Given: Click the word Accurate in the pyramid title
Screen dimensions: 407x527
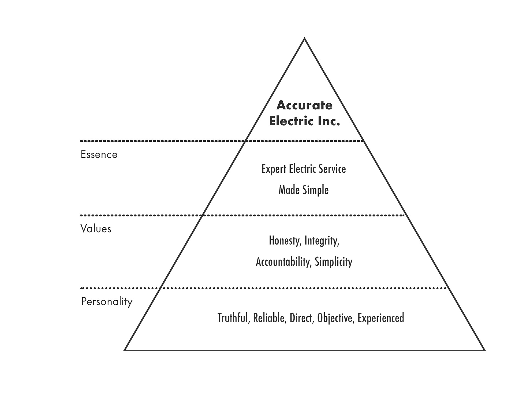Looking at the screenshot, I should (x=304, y=105).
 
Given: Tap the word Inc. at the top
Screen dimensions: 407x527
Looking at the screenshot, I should (x=329, y=121).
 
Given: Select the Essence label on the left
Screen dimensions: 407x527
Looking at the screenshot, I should (x=99, y=154).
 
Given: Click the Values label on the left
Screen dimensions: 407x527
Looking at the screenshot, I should (x=96, y=229).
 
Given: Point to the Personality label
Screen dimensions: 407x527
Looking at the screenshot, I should (x=107, y=302).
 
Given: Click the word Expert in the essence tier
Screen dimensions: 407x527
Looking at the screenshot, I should (x=274, y=169).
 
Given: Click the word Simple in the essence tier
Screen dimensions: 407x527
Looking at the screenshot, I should (x=316, y=190).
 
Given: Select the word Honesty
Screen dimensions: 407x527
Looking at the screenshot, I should (x=285, y=241).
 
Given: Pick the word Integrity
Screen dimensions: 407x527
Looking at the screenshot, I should (x=322, y=241).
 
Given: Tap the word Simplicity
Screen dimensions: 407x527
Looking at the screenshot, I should (x=333, y=262).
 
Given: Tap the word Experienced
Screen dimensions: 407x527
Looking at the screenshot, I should (x=381, y=318).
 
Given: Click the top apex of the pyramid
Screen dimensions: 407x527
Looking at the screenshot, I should (x=304, y=39).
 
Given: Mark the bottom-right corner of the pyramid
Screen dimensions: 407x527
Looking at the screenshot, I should (x=484, y=350).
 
